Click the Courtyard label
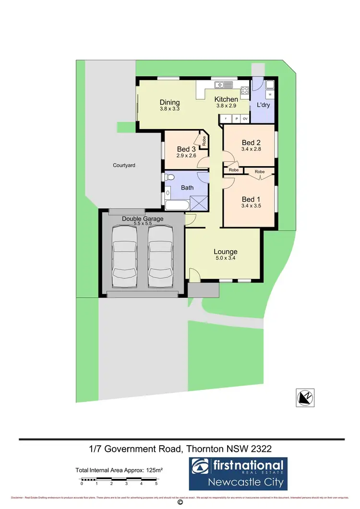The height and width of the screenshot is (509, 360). coord(124,165)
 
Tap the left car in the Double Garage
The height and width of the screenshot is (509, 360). coord(123,258)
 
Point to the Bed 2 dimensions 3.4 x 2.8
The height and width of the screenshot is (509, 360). coord(251,149)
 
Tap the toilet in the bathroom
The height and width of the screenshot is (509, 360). coord(168,178)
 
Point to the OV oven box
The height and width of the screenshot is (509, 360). coord(245,118)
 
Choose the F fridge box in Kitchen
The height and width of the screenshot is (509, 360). coord(225,118)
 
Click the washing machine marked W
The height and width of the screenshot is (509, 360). coord(270,95)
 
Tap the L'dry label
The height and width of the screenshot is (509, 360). coord(263,105)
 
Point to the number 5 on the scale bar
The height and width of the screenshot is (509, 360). coord(156,484)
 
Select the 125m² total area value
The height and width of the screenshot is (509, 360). coord(153,470)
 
